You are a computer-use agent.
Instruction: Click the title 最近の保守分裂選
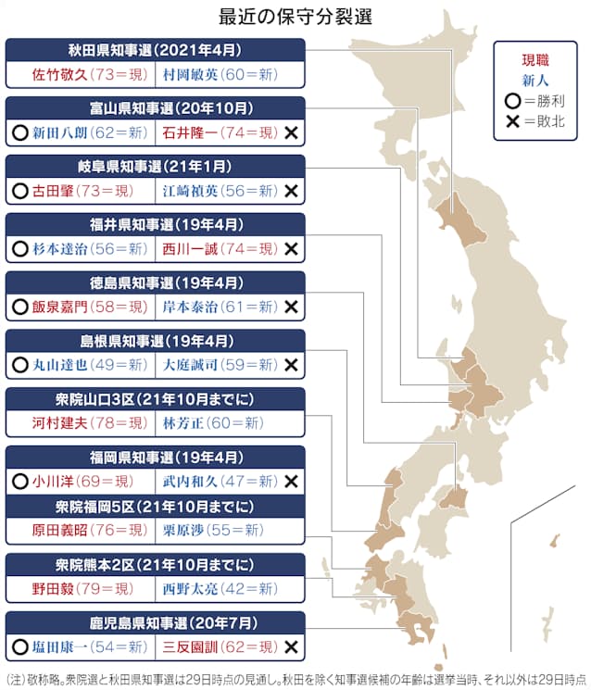295,16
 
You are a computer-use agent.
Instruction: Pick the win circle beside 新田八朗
19,133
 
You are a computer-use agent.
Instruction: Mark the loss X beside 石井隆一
291,133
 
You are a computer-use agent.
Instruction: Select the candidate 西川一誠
189,249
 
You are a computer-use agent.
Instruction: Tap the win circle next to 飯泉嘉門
19,307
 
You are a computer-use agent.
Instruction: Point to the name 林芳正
182,423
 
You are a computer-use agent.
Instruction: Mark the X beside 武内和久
291,482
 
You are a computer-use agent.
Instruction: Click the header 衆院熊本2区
155,562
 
